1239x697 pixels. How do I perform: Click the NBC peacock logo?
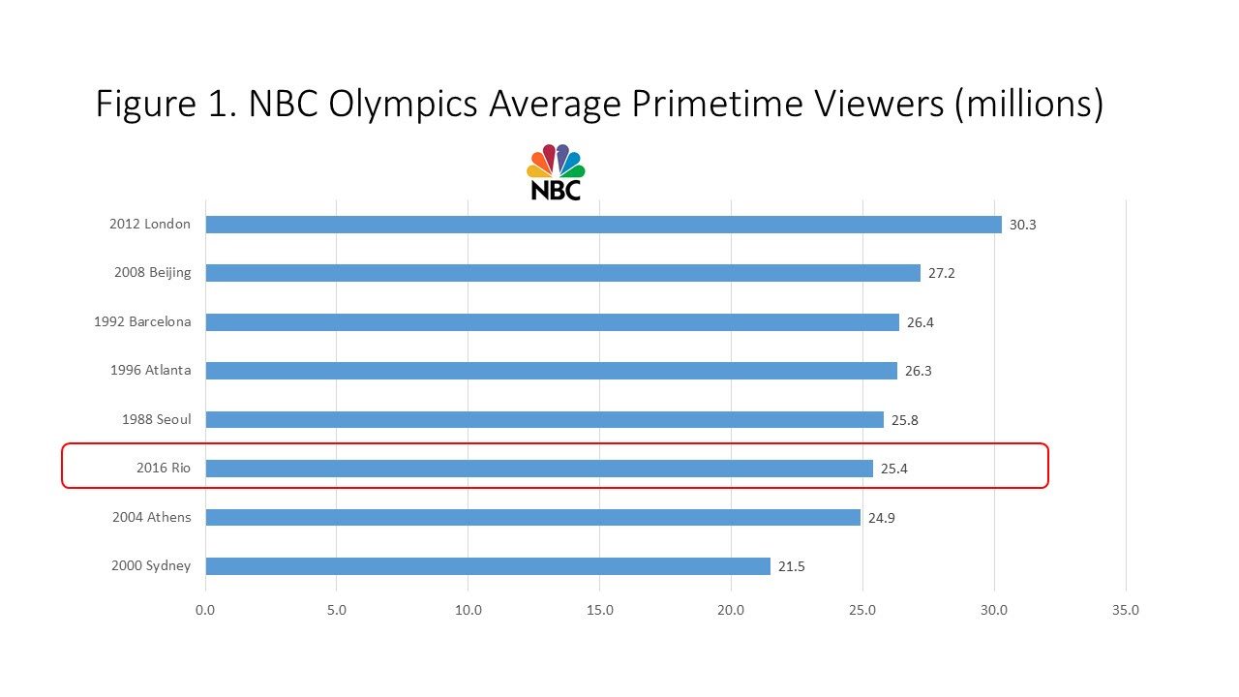(556, 172)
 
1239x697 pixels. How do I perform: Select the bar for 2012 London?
(603, 225)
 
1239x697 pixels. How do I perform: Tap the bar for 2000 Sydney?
(488, 566)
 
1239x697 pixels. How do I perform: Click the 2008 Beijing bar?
(562, 273)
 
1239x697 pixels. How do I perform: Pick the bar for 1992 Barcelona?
(552, 322)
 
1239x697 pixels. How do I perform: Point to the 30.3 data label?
(1022, 225)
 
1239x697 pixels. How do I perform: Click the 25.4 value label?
(893, 469)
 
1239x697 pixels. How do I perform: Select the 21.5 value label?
(791, 566)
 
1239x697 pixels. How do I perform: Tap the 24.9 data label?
(881, 518)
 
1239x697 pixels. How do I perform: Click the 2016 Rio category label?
(164, 469)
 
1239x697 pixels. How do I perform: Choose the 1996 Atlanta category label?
(150, 371)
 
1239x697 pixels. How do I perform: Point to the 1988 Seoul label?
(156, 419)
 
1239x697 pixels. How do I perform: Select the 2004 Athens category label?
(151, 518)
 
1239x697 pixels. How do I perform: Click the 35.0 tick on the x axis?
(1126, 611)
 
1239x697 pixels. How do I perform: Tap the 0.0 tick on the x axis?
(205, 611)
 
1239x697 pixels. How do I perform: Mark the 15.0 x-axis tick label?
(599, 611)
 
